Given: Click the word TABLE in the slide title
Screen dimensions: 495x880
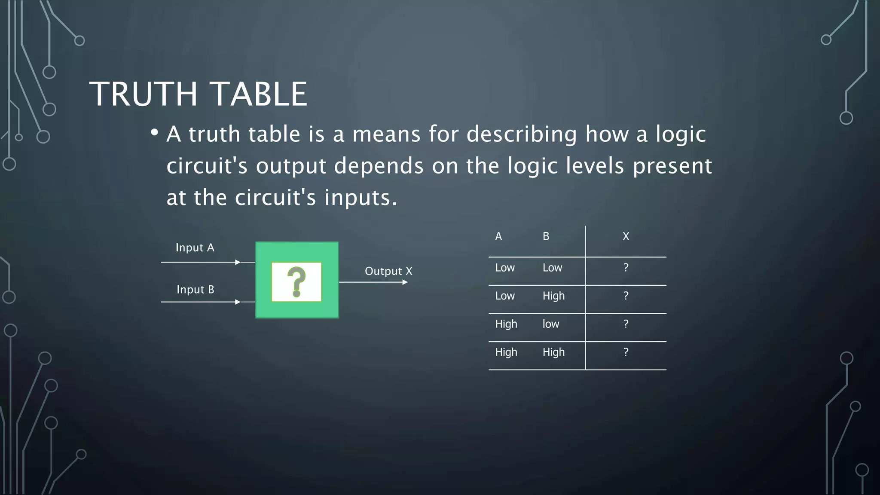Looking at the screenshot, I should (x=260, y=94).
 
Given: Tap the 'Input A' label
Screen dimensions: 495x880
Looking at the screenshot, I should (x=195, y=247).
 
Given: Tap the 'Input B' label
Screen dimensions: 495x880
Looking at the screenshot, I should (x=195, y=290).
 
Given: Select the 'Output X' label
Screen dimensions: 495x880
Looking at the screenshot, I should (x=388, y=271).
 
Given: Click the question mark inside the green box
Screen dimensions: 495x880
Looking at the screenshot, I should (x=296, y=281).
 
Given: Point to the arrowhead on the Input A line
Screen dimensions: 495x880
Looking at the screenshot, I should (x=238, y=262).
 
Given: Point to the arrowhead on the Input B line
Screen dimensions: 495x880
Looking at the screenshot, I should (x=238, y=302).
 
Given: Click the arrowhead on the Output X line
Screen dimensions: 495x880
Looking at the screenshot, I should (x=405, y=282).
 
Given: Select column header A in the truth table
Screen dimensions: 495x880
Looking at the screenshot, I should (x=498, y=236).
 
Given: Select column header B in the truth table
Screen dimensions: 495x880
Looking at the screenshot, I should (x=546, y=236).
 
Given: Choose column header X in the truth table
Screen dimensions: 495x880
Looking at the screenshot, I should (x=626, y=236).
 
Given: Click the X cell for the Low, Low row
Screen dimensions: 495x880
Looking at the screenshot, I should (x=626, y=268).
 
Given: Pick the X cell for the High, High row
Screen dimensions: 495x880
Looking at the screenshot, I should (x=626, y=352).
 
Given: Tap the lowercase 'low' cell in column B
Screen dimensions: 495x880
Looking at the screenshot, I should (x=551, y=324).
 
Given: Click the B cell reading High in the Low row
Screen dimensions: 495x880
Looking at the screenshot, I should (x=553, y=296).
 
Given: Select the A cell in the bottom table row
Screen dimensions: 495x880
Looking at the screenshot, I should (x=506, y=352).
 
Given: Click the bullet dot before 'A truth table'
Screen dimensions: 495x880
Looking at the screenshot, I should (x=154, y=132).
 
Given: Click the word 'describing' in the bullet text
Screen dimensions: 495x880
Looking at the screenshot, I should (x=522, y=134).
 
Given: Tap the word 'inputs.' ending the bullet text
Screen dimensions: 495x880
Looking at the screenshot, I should (x=361, y=198).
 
